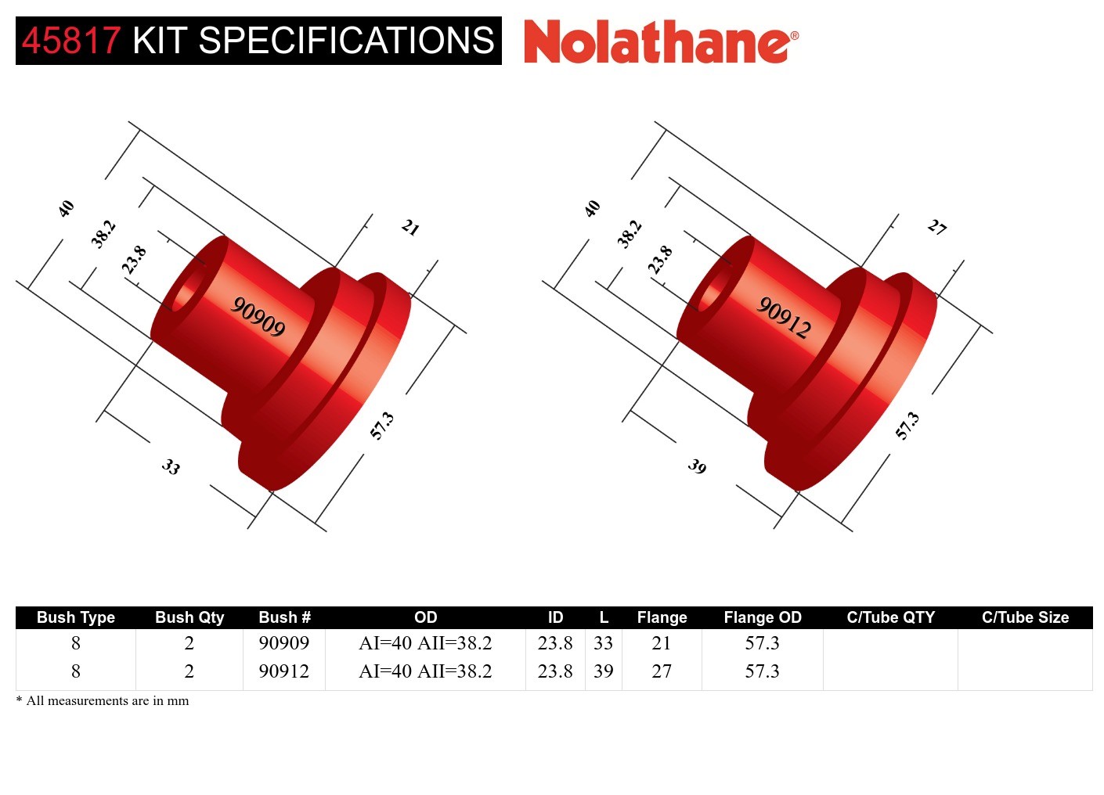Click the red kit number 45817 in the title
pyautogui.click(x=71, y=41)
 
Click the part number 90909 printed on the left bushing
pyautogui.click(x=258, y=317)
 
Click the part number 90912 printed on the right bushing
pyautogui.click(x=784, y=317)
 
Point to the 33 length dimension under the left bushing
pyautogui.click(x=171, y=467)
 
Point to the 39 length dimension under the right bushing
pyautogui.click(x=697, y=467)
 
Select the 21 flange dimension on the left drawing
pyautogui.click(x=410, y=228)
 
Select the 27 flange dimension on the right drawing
pyautogui.click(x=936, y=228)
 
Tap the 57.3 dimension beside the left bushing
pyautogui.click(x=381, y=426)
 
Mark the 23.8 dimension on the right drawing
pyautogui.click(x=660, y=260)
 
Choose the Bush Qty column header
pyautogui.click(x=189, y=617)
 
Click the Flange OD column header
pyautogui.click(x=762, y=617)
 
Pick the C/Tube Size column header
pyautogui.click(x=1025, y=617)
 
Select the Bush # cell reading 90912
pyautogui.click(x=283, y=671)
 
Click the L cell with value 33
pyautogui.click(x=603, y=643)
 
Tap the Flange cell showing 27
pyautogui.click(x=662, y=671)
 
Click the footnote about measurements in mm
pyautogui.click(x=103, y=701)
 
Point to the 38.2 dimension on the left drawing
pyautogui.click(x=103, y=234)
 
